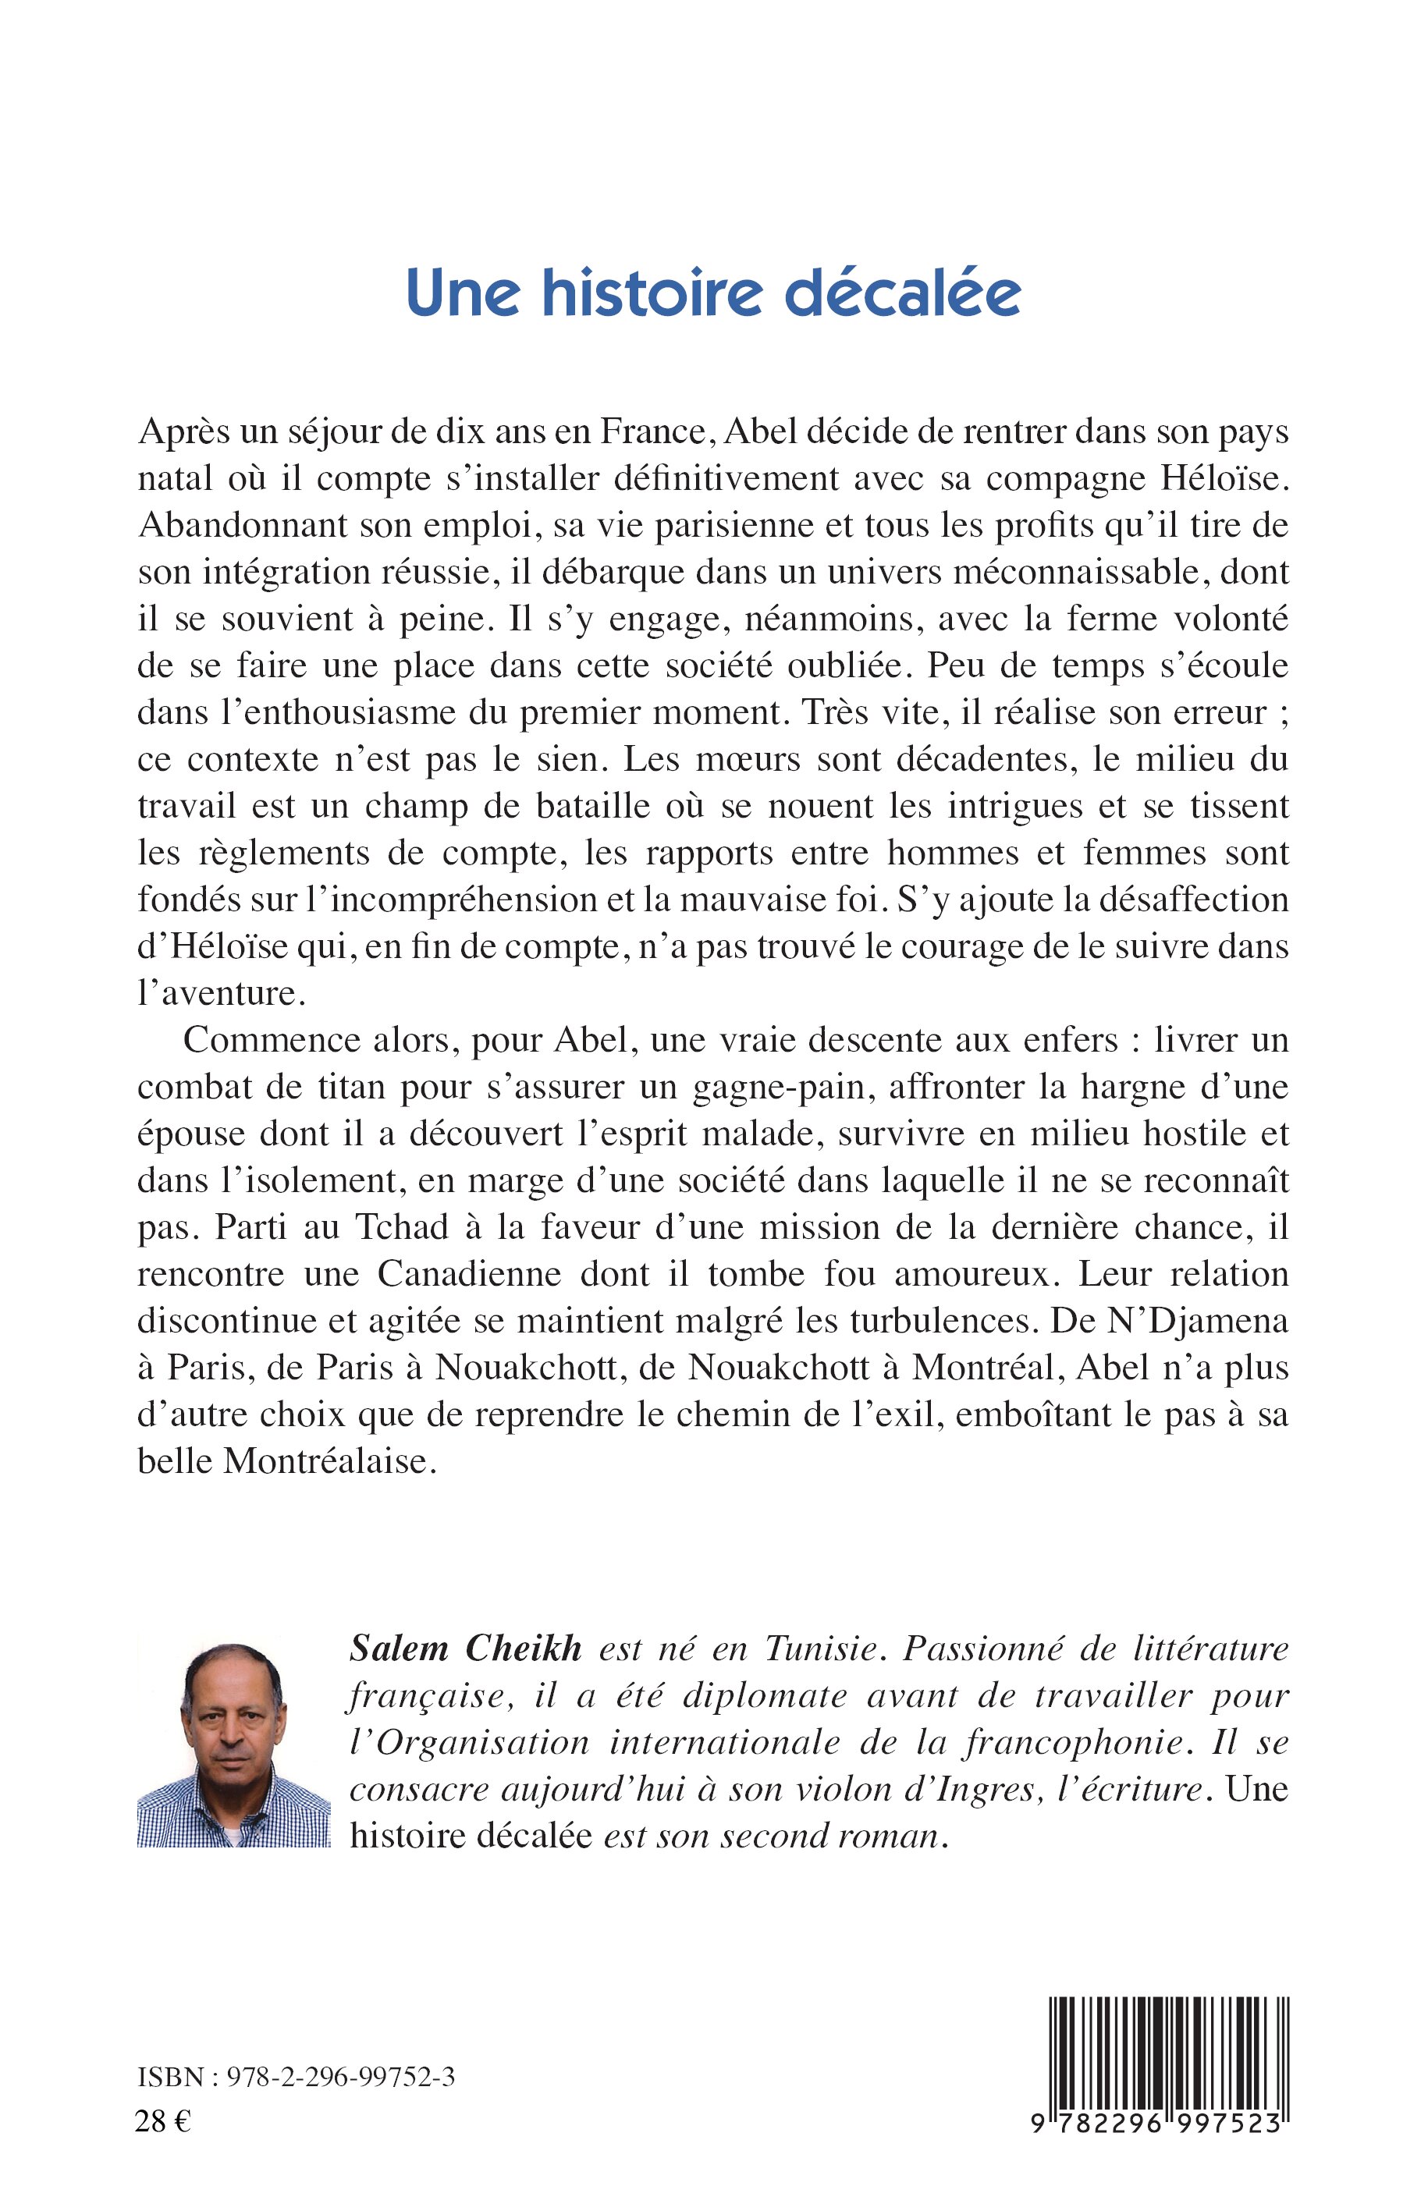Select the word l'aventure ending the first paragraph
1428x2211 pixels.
(x=221, y=994)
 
